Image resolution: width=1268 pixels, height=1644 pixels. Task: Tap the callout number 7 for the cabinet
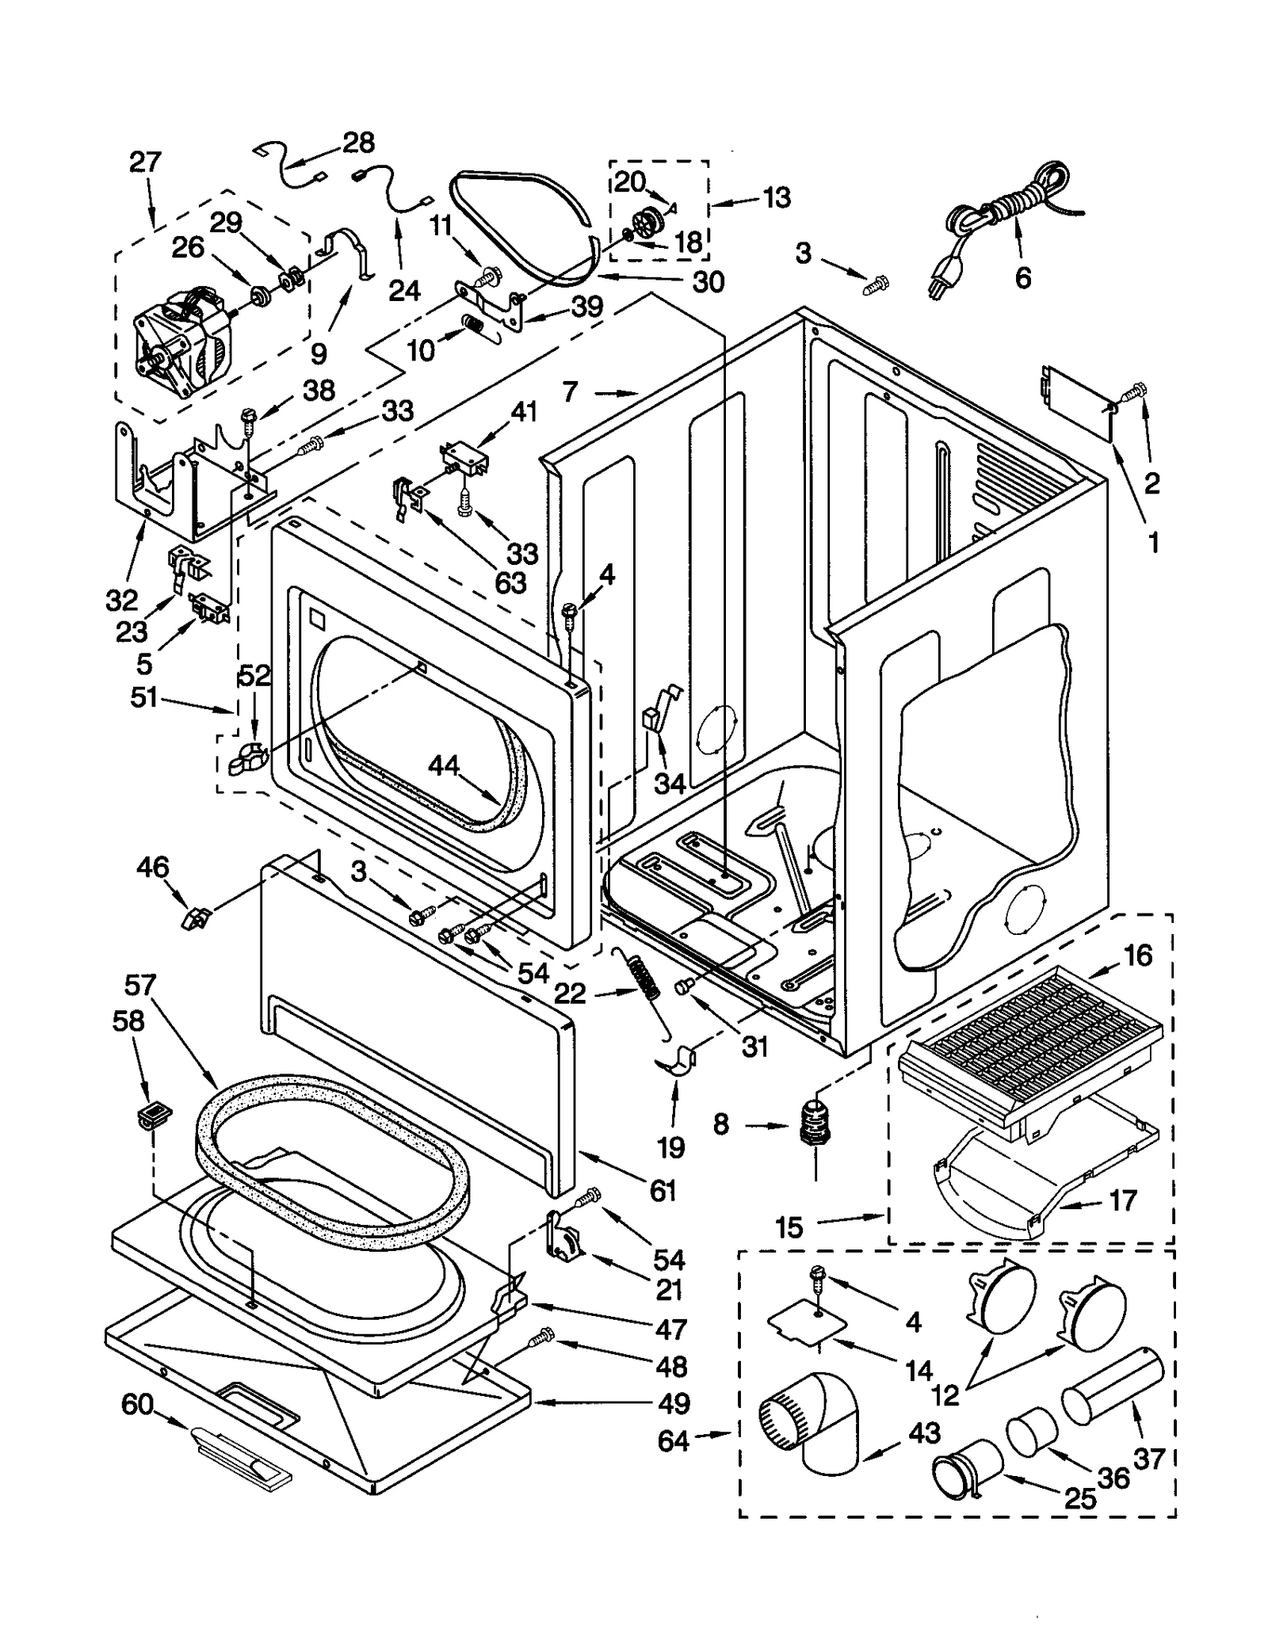[571, 391]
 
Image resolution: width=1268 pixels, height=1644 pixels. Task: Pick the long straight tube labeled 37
[1109, 1387]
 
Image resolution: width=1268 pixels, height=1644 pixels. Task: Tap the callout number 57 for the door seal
[140, 986]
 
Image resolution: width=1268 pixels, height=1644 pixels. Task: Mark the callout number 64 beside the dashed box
[673, 1441]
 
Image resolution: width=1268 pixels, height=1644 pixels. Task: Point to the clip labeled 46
[193, 919]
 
